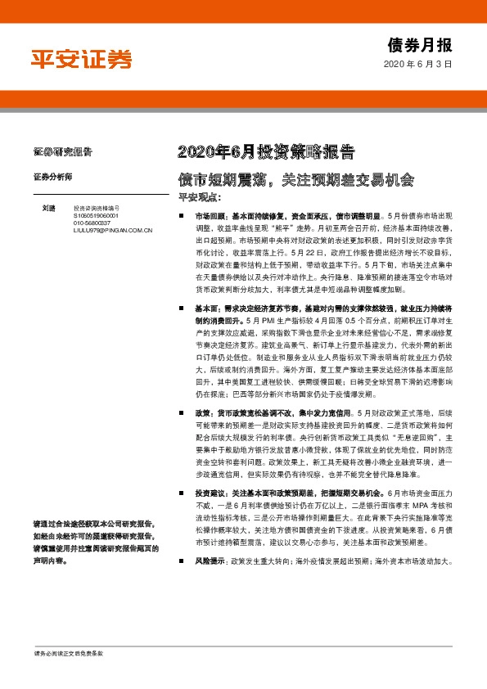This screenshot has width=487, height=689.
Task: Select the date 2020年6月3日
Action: coord(417,64)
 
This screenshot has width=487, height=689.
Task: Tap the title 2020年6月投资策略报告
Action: coord(266,151)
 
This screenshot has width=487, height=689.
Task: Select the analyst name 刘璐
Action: coord(49,209)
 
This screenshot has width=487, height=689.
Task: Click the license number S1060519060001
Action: coord(96,216)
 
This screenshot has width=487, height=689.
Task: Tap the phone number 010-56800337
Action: coord(91,223)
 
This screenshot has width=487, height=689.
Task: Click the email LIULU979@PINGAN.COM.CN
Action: coord(113,231)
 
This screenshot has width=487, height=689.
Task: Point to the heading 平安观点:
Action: coord(201,197)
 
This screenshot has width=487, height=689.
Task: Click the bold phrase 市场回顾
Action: coord(208,214)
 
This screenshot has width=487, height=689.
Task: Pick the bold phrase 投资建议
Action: coord(208,493)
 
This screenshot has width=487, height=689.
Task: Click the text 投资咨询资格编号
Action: coord(96,209)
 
